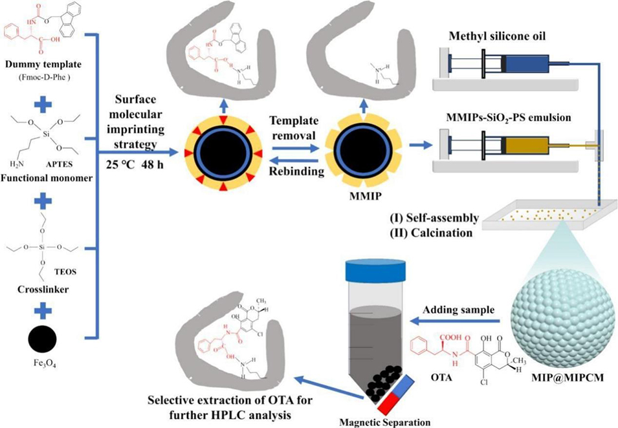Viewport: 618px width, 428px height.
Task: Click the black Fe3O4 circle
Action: coord(41,338)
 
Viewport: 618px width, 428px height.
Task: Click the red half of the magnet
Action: coord(389,404)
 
